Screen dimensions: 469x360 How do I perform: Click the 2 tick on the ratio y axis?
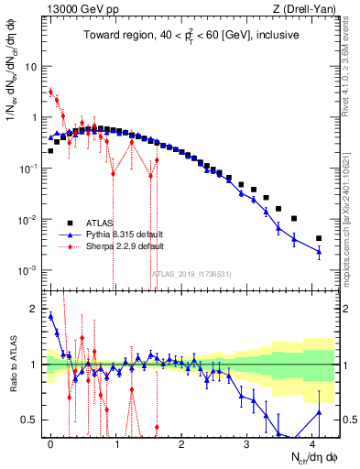34,309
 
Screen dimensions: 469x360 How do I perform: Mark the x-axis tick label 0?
50,442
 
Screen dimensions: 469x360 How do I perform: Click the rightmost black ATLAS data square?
319,238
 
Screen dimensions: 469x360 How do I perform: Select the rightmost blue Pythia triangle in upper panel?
319,251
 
